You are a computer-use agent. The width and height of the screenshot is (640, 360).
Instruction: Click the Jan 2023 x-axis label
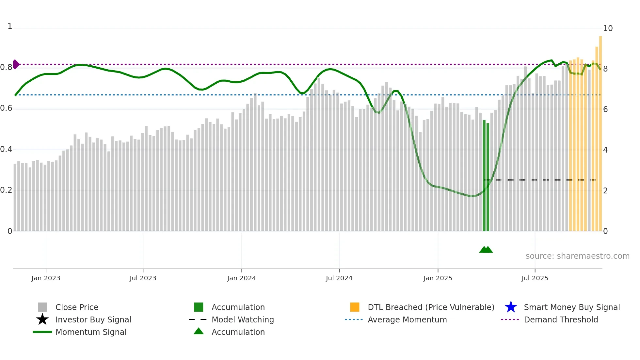click(x=46, y=278)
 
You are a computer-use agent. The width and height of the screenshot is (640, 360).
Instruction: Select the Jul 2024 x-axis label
click(x=339, y=278)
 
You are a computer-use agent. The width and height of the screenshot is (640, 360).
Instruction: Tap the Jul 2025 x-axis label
click(x=535, y=278)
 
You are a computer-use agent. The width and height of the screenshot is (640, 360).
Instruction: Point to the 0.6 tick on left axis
click(x=6, y=108)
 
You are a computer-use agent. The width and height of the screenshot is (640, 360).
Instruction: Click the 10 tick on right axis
click(x=608, y=28)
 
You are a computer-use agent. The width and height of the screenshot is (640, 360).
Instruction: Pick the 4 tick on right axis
click(x=605, y=150)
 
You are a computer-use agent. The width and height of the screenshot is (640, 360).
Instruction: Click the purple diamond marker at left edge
click(x=16, y=64)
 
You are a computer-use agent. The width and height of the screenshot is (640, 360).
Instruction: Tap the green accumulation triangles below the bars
click(x=486, y=250)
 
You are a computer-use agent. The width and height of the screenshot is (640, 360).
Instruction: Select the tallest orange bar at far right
click(x=600, y=131)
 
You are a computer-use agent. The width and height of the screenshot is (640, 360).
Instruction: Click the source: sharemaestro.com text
click(x=577, y=256)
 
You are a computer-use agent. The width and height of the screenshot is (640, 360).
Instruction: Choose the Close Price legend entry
click(x=77, y=307)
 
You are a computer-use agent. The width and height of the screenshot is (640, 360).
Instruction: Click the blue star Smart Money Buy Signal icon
click(x=511, y=307)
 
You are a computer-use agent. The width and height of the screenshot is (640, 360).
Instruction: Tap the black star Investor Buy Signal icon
click(x=42, y=319)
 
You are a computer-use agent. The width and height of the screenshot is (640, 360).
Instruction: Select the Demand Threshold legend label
click(x=561, y=319)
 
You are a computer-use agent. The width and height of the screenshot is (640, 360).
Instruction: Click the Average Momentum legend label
click(x=407, y=319)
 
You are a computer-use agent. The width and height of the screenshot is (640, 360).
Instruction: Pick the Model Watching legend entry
click(x=242, y=319)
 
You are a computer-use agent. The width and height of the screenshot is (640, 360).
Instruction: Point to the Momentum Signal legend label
click(x=91, y=332)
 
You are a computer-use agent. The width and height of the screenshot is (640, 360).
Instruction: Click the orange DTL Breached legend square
click(x=355, y=307)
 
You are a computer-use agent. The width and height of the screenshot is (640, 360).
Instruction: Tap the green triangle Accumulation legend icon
click(x=199, y=331)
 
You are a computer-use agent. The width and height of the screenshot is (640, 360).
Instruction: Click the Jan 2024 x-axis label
click(x=241, y=278)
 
